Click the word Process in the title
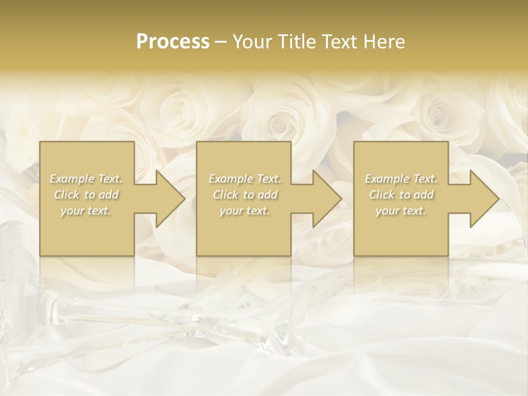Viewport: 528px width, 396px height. (x=173, y=41)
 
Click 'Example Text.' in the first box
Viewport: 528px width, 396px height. (x=86, y=179)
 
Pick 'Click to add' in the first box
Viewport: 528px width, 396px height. (x=86, y=195)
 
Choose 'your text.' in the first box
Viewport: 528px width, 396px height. (x=86, y=211)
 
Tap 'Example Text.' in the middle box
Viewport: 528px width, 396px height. (x=244, y=179)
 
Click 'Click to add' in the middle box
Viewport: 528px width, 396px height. (x=244, y=195)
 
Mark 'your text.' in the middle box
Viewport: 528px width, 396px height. (x=244, y=211)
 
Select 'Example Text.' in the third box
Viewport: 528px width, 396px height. (x=401, y=179)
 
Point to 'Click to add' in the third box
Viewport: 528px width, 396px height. (x=401, y=195)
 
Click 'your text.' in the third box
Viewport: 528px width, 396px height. (x=401, y=211)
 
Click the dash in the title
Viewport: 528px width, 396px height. (x=221, y=42)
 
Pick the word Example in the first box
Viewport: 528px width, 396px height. (x=71, y=179)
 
